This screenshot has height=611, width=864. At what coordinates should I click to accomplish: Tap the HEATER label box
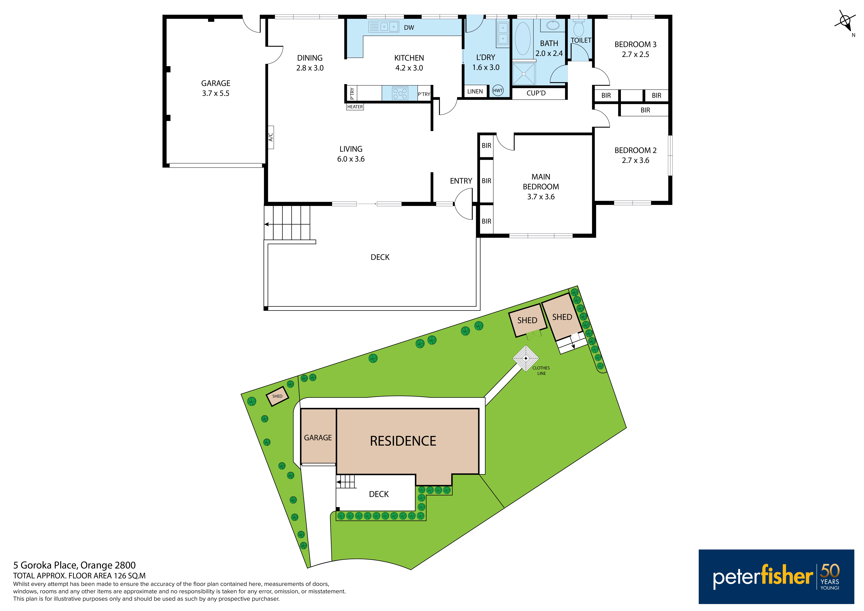coord(355,107)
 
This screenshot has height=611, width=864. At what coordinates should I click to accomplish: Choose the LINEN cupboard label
coord(475,91)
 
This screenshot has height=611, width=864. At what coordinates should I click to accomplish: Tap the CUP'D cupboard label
coord(536,93)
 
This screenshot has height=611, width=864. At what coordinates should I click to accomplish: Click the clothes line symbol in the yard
coord(526,358)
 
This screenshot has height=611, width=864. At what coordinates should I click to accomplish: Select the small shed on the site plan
coord(277,396)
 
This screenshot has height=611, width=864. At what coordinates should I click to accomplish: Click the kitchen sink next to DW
coord(383,27)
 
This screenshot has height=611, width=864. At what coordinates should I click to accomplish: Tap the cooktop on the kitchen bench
coord(400,93)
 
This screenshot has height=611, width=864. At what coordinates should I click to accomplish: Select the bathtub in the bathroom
coord(522,39)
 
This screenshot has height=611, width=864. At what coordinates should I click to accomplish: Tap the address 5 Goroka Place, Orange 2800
coord(74,565)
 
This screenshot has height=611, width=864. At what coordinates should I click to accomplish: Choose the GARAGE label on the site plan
coord(318,438)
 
